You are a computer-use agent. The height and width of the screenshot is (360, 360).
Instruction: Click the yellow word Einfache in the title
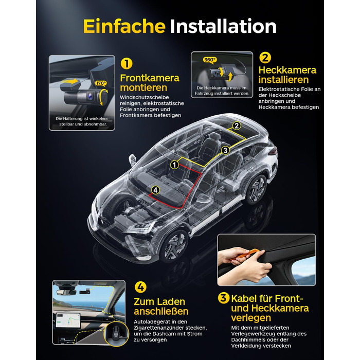(x=124, y=26)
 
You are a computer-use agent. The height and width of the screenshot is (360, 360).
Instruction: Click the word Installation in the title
(x=223, y=26)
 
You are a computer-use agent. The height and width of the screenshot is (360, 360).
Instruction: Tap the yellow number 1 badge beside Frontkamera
(x=127, y=63)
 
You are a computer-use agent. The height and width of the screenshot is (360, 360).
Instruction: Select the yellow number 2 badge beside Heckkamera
(x=265, y=58)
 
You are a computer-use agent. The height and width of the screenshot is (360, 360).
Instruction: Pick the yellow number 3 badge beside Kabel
(x=224, y=298)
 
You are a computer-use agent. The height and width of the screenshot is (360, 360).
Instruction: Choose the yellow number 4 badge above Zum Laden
(x=140, y=287)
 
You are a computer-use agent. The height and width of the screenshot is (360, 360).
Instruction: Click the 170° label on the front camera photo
(x=101, y=83)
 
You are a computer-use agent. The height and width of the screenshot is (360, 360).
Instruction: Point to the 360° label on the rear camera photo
(x=210, y=60)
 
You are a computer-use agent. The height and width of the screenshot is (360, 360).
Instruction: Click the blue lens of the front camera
(x=90, y=96)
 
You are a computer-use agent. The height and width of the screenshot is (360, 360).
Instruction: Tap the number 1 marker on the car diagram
(x=175, y=165)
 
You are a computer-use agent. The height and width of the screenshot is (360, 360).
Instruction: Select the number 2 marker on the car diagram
(x=237, y=125)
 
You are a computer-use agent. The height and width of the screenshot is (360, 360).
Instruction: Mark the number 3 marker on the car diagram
(x=225, y=150)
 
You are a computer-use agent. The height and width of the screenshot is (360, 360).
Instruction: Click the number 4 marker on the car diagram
(x=156, y=190)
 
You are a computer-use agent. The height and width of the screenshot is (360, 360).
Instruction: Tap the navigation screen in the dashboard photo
(x=68, y=321)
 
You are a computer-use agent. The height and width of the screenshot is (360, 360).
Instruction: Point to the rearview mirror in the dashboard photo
(x=66, y=292)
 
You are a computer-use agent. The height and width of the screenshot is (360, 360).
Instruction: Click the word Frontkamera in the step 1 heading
(x=150, y=78)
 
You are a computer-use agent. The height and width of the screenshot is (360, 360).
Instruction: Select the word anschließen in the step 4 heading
(x=161, y=312)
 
